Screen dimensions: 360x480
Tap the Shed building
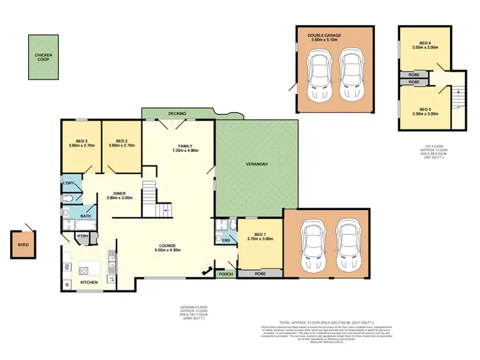click(x=24, y=244)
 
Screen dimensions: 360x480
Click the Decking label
click(x=177, y=113)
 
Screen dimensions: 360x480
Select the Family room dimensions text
click(x=186, y=151)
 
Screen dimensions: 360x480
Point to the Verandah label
click(x=256, y=165)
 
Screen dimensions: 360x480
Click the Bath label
click(x=84, y=217)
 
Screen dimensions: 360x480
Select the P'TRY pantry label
click(x=83, y=237)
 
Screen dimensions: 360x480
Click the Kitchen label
click(x=89, y=282)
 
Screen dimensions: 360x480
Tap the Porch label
click(x=225, y=274)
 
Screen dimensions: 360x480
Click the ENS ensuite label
click(x=225, y=240)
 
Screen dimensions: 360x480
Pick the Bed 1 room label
click(x=260, y=236)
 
